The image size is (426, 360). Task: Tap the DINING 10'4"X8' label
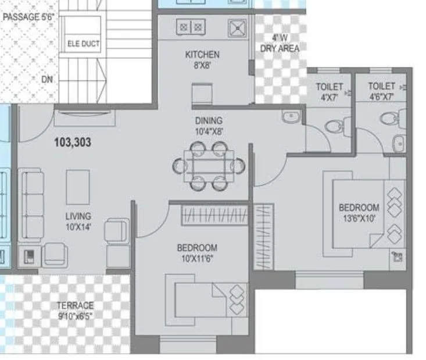point(209,126)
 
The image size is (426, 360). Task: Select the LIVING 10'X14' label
point(78,220)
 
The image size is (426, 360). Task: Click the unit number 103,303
point(72,141)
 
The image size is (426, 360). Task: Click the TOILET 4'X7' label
point(329,91)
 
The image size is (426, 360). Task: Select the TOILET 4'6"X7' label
point(382,91)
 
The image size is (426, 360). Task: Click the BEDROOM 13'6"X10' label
point(359,212)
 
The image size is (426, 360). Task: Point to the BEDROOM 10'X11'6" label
point(197,252)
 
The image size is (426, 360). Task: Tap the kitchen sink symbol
point(237,28)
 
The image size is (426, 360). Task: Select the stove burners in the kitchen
point(191,26)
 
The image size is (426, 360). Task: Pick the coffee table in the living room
point(78,187)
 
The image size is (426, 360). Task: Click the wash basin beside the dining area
point(291,117)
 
